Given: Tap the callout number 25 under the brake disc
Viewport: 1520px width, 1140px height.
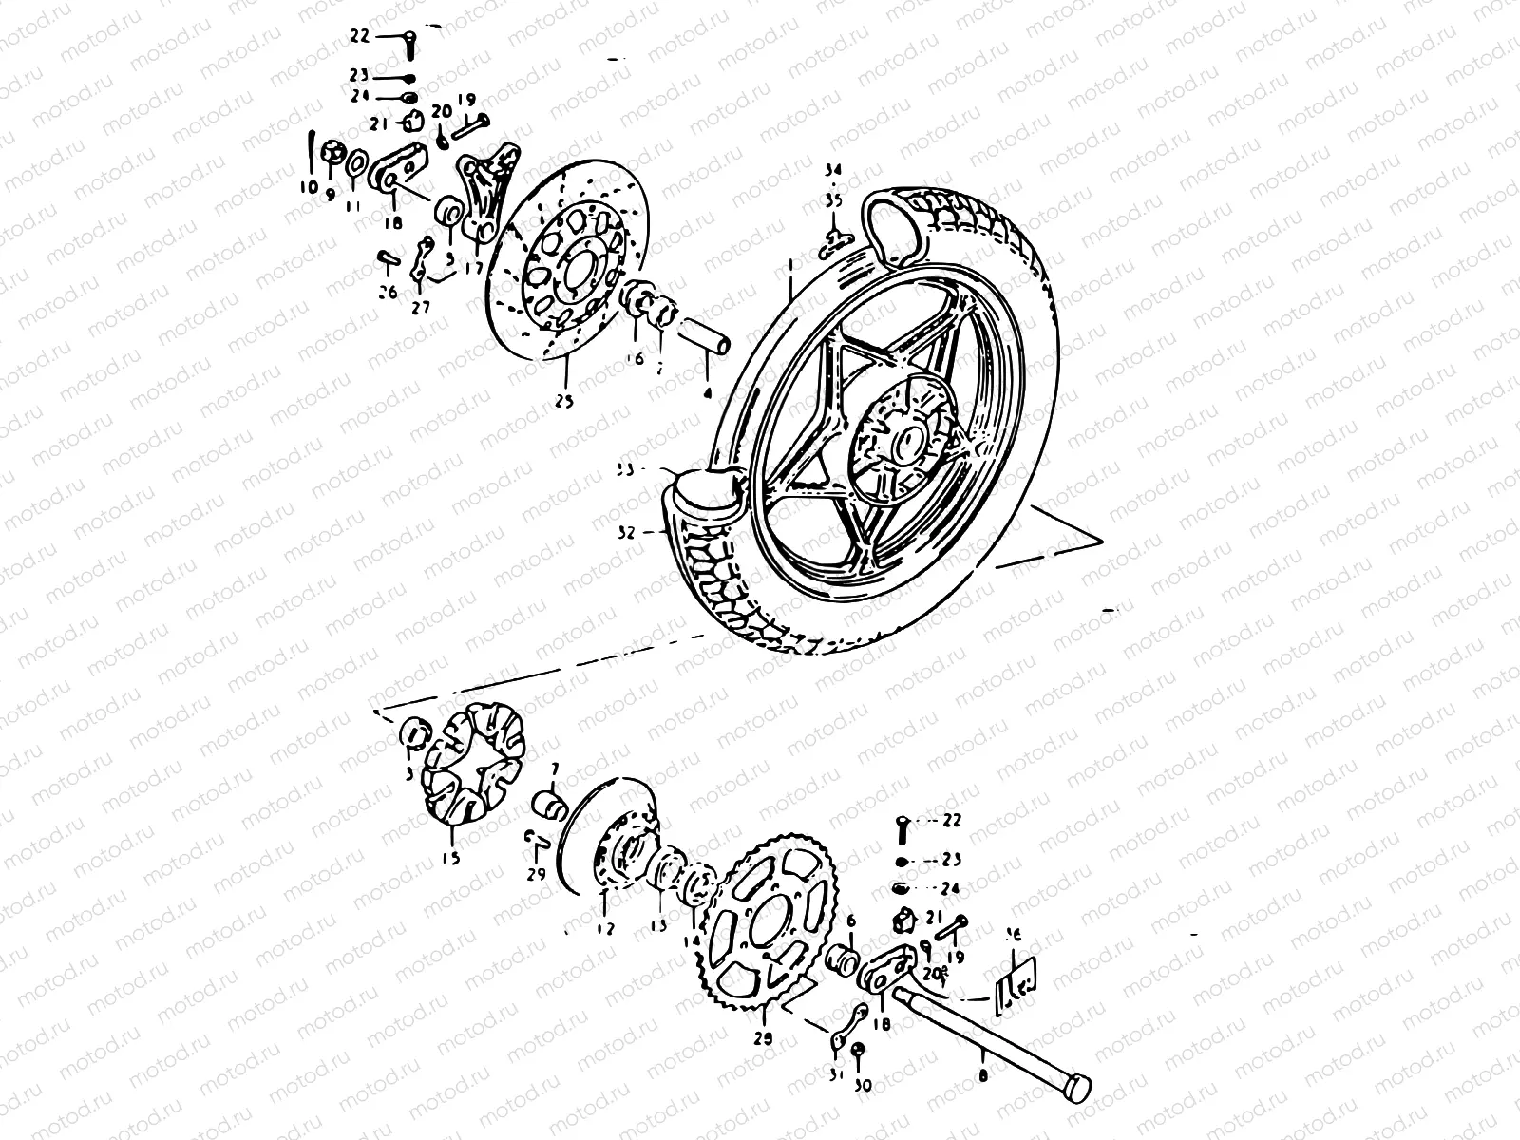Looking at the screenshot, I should (564, 401).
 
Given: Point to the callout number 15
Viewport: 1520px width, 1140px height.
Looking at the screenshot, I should (450, 858).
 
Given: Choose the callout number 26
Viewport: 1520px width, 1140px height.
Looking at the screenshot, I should (388, 293).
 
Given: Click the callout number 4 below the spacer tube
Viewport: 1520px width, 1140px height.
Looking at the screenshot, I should (706, 389).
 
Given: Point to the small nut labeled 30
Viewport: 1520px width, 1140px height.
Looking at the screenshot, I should (858, 1050).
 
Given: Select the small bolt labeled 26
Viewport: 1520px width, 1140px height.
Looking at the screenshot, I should (388, 257).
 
